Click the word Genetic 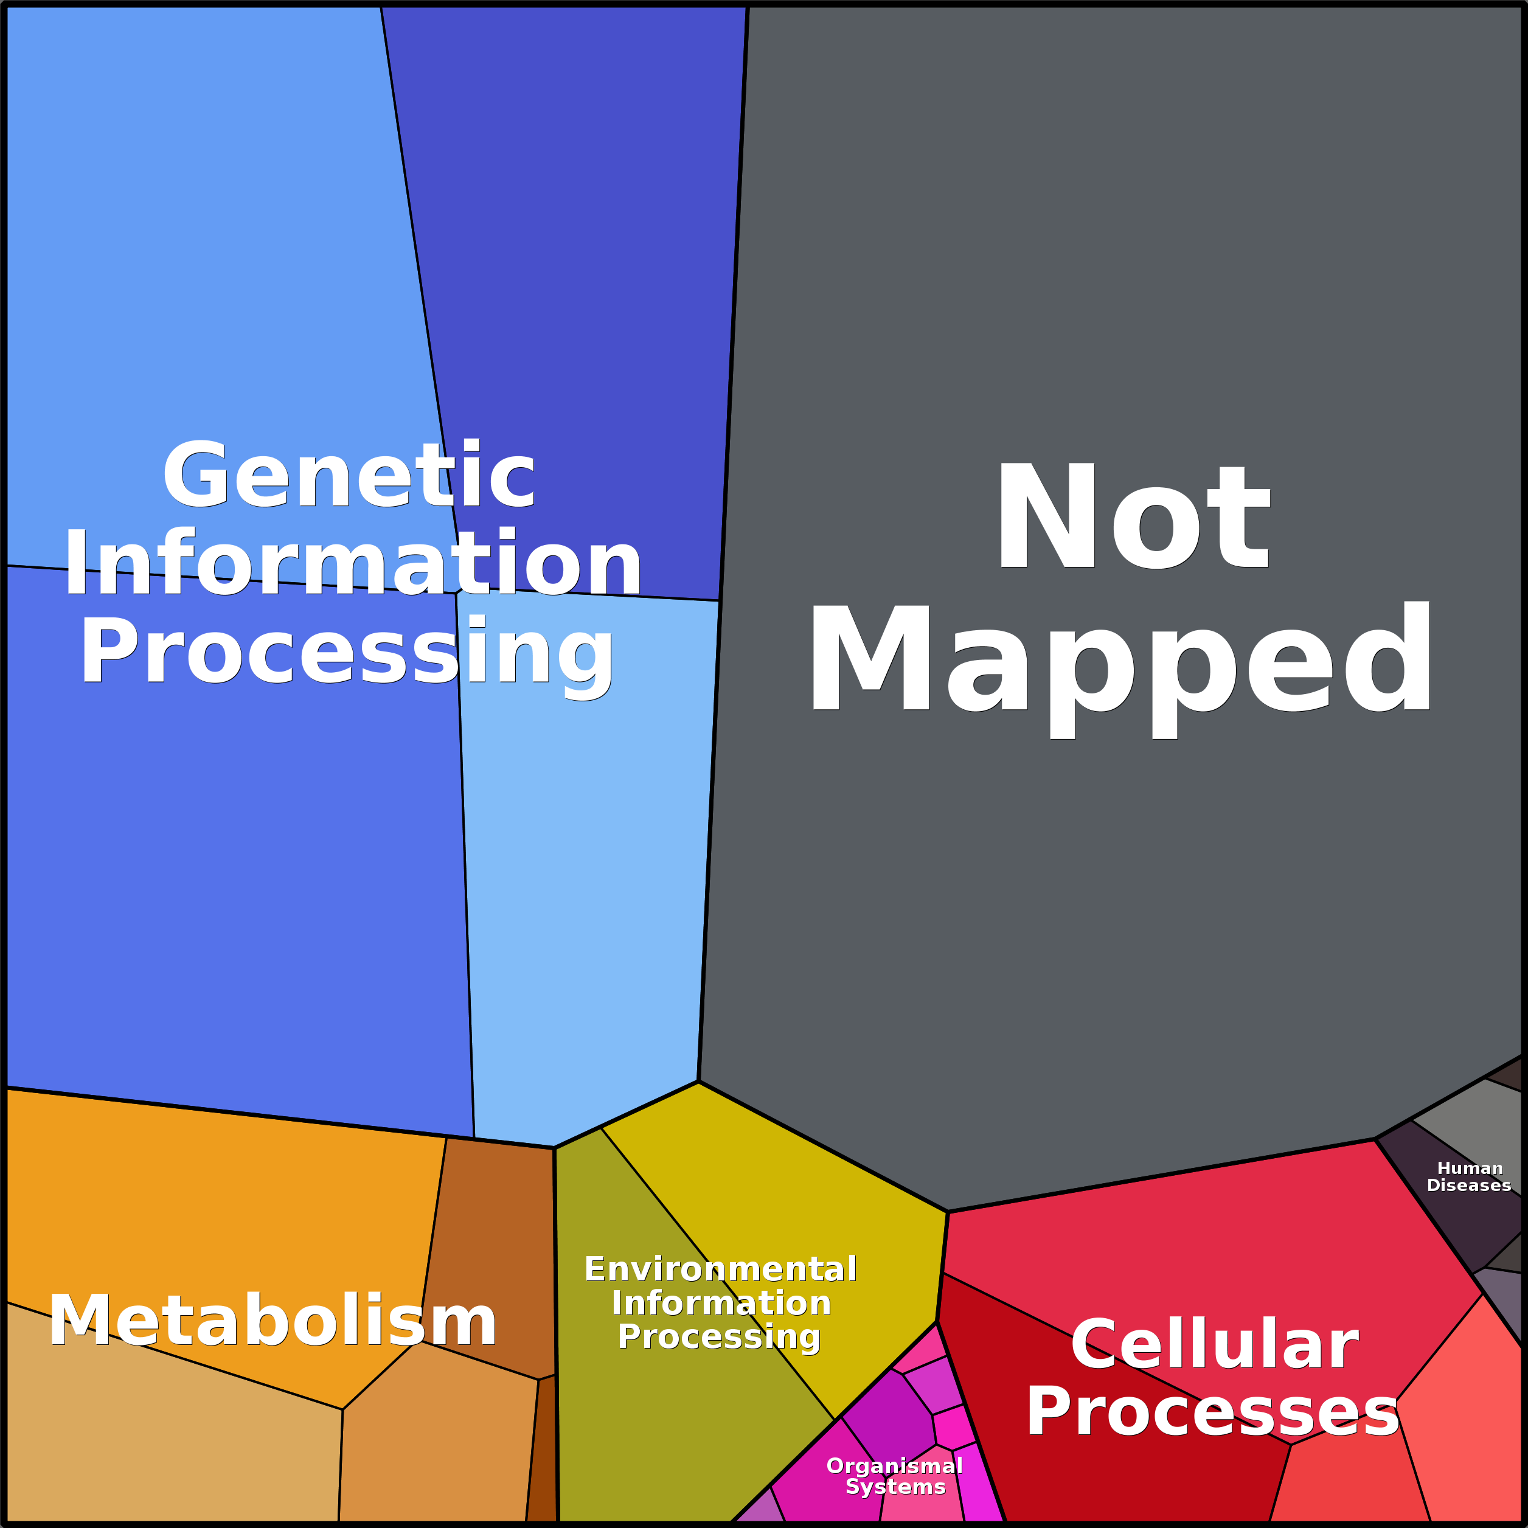click(x=349, y=474)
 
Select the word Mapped click(x=1119, y=668)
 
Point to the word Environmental click(x=720, y=1269)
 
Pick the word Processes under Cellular click(x=1212, y=1412)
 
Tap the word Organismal click(x=895, y=1467)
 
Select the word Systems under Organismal click(x=895, y=1487)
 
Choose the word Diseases click(x=1468, y=1186)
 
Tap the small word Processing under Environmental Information click(x=719, y=1336)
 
